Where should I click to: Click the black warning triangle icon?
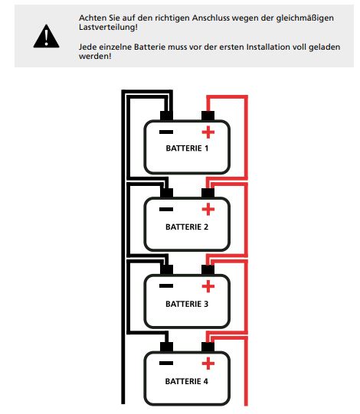click(46, 37)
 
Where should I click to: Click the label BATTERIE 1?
click(187, 148)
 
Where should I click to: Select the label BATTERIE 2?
click(187, 227)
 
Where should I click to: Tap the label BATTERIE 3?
click(187, 304)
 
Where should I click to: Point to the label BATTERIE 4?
click(187, 382)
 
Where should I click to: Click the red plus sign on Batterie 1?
click(208, 132)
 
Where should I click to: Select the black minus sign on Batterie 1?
click(166, 132)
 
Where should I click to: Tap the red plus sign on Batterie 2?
click(208, 210)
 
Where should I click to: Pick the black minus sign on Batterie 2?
click(166, 210)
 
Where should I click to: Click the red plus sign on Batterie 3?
click(208, 286)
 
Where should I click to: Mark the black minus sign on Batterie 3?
click(166, 285)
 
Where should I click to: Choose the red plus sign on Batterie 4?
click(208, 363)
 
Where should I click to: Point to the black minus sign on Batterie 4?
click(166, 363)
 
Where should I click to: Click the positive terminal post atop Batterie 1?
click(208, 116)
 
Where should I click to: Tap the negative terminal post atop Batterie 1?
click(166, 116)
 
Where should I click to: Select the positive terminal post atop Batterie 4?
click(208, 347)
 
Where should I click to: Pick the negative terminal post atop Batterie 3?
click(166, 270)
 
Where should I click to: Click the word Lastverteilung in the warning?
click(107, 27)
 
